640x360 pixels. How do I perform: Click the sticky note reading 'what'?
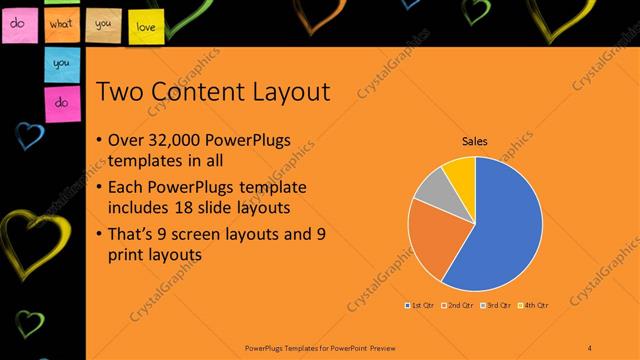(63, 23)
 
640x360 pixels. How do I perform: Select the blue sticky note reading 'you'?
(61, 63)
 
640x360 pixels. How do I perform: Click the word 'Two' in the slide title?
(122, 93)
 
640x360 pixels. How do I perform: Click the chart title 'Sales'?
(474, 142)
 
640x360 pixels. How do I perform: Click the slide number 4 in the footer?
(590, 346)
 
